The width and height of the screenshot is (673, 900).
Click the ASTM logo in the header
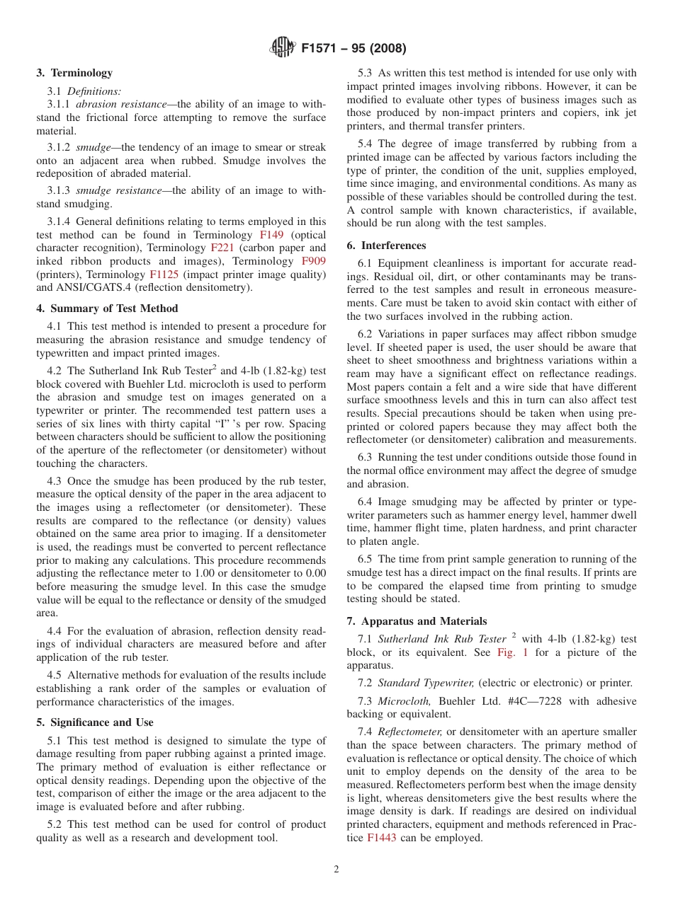click(x=283, y=49)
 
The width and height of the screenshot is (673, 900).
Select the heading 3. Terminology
click(x=74, y=73)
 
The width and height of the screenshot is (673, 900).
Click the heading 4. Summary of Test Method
click(x=107, y=308)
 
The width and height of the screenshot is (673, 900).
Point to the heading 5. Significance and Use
click(x=95, y=722)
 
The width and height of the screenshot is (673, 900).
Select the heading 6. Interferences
click(x=386, y=246)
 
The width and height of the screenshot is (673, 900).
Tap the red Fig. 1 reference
click(x=512, y=652)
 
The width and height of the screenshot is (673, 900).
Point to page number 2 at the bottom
click(x=336, y=870)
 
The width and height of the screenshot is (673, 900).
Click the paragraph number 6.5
click(x=366, y=559)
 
